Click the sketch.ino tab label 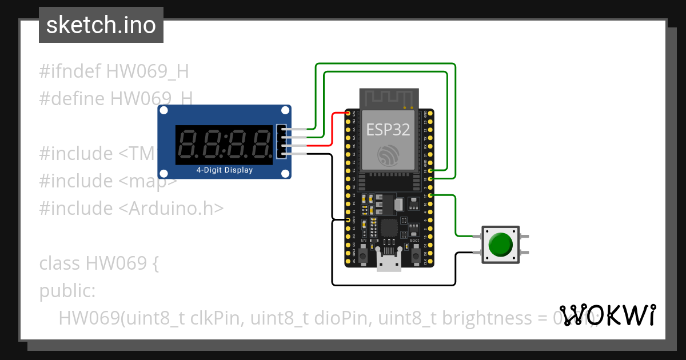click(x=101, y=25)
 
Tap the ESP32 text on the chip click(x=388, y=130)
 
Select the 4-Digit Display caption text click(x=225, y=170)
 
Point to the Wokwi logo click(x=608, y=315)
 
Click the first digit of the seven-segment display click(x=189, y=144)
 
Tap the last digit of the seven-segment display click(x=261, y=144)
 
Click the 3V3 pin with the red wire click(x=348, y=114)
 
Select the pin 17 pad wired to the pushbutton click(x=430, y=195)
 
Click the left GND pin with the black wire click(x=348, y=219)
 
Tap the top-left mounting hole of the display click(x=163, y=110)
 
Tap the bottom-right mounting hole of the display click(x=285, y=173)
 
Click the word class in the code click(x=60, y=263)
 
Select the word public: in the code click(x=67, y=291)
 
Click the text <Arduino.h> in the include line click(x=171, y=208)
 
